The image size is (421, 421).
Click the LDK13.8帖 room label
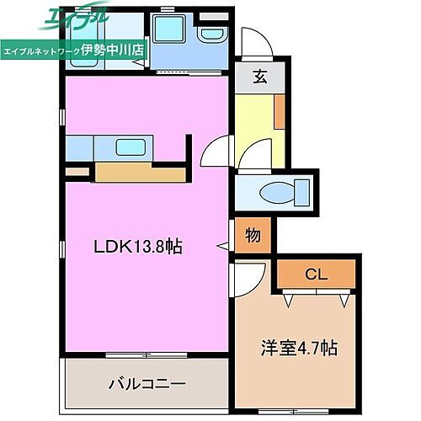pos(137,247)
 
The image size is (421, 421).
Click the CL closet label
pos(317,274)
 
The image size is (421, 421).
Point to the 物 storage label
pos(253,237)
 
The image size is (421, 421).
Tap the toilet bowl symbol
pos(275,193)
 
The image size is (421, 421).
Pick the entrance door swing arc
pos(250,43)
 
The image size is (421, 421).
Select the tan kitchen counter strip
pos(139,173)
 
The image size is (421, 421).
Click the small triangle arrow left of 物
pos(223,246)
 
